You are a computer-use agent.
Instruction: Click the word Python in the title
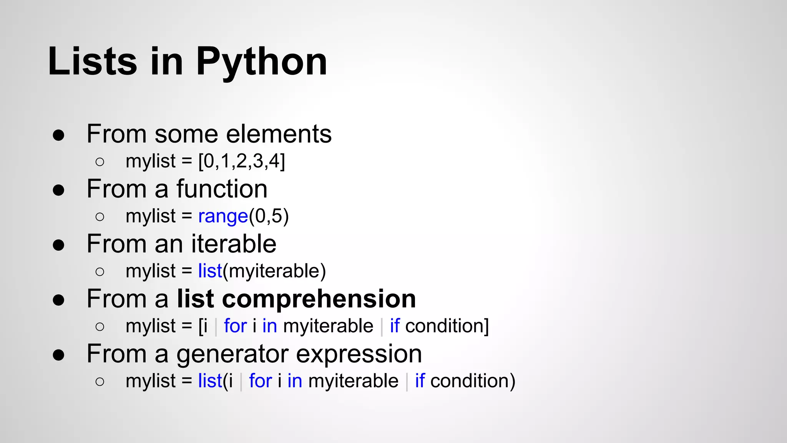(x=262, y=62)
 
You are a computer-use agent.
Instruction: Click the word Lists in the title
(x=92, y=62)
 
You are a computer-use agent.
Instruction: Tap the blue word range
(x=223, y=217)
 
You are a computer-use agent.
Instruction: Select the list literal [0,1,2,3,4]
(x=241, y=161)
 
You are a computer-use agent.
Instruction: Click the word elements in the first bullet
(x=279, y=134)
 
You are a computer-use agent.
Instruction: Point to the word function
(x=222, y=189)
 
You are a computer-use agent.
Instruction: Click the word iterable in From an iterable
(x=234, y=244)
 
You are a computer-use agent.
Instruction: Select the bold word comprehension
(x=319, y=299)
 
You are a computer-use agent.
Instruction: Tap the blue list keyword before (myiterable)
(x=210, y=271)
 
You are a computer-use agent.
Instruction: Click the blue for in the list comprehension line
(x=235, y=326)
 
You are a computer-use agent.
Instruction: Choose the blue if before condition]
(x=395, y=326)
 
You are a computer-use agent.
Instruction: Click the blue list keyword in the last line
(x=210, y=381)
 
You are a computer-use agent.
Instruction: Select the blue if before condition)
(x=420, y=381)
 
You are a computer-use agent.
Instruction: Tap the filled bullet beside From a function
(x=58, y=190)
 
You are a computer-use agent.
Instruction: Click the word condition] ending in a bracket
(x=447, y=326)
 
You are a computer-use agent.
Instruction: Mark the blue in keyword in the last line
(x=295, y=381)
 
